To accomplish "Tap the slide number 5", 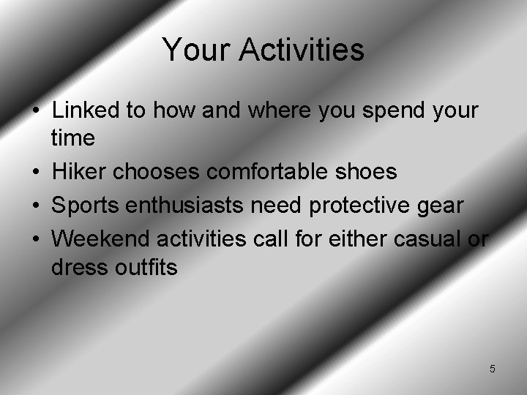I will coord(492,369).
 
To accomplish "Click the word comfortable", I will coord(265,172).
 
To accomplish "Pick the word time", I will coord(72,139).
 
